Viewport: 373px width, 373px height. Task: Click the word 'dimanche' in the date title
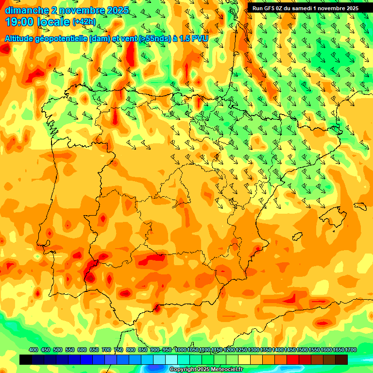click(27, 10)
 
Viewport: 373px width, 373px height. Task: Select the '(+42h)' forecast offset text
click(84, 22)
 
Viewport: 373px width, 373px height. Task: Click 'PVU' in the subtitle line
click(200, 38)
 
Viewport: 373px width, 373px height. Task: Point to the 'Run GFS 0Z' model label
click(270, 8)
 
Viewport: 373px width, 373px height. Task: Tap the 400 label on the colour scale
click(34, 350)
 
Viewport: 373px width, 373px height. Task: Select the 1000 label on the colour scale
click(181, 350)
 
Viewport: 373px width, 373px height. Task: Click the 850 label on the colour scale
click(143, 350)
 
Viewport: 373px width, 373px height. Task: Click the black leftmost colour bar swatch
click(26, 359)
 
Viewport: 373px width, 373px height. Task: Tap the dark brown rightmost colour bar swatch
click(341, 359)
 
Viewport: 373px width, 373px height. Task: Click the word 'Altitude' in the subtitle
click(19, 38)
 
